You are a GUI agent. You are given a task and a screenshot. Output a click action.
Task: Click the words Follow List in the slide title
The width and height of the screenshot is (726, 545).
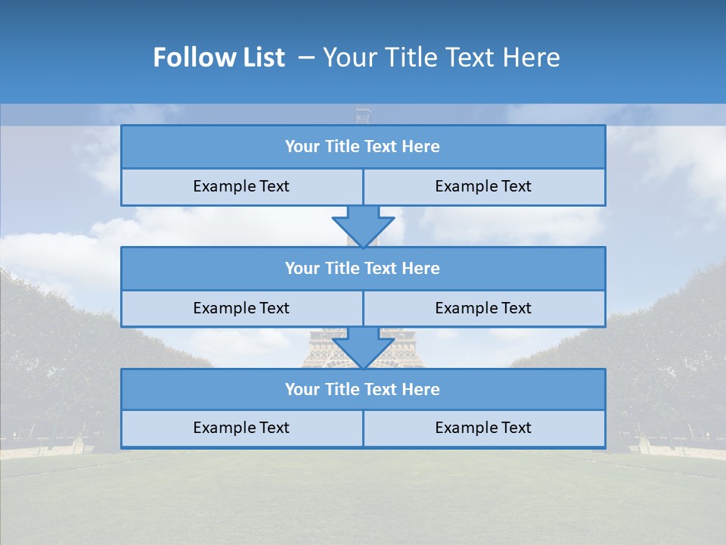pos(219,58)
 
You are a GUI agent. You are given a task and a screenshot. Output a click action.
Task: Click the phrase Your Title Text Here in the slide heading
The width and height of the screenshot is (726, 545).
pos(441,58)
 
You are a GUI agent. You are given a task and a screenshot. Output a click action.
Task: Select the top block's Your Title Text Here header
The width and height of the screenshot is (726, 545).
pos(362,147)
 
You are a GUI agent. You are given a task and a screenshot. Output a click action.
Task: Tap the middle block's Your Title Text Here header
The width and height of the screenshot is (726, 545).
pos(362,268)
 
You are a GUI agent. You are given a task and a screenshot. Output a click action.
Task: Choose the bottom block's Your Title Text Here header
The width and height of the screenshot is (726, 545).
pos(362,389)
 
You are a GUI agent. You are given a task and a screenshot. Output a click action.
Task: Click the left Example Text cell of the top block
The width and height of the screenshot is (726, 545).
pos(241,186)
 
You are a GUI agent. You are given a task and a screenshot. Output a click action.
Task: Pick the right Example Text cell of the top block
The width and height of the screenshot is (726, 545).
pos(483,186)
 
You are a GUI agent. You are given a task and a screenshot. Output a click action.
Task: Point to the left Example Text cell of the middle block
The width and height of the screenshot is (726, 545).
pos(241,308)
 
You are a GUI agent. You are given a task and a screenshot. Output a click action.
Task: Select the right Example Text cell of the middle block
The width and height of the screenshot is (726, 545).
pos(483,308)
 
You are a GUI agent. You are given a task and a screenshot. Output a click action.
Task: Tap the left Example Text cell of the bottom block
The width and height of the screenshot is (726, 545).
pos(241,428)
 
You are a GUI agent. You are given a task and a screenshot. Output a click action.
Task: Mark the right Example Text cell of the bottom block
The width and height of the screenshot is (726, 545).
pos(483,428)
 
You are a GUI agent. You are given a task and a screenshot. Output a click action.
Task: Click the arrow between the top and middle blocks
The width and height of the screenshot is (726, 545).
pos(363,226)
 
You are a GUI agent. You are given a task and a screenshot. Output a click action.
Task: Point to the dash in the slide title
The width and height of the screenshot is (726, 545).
pos(306,58)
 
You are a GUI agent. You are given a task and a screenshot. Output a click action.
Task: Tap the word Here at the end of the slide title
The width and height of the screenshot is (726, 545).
pos(534,58)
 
